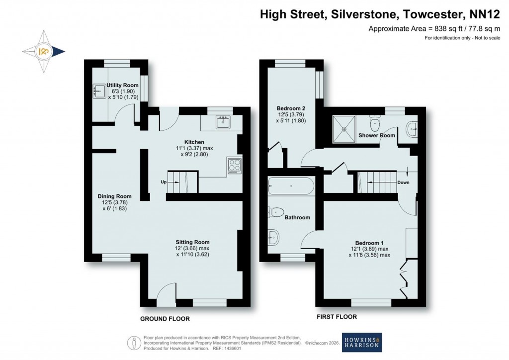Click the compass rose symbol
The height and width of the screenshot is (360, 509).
(43, 51)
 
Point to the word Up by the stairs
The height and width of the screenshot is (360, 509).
(163, 182)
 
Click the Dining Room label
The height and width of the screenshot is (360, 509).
(114, 196)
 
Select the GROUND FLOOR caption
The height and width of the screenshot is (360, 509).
(165, 319)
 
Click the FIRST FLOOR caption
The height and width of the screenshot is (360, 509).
(337, 316)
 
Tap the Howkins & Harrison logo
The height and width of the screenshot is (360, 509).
(362, 342)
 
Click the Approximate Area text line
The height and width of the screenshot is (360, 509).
(433, 29)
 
